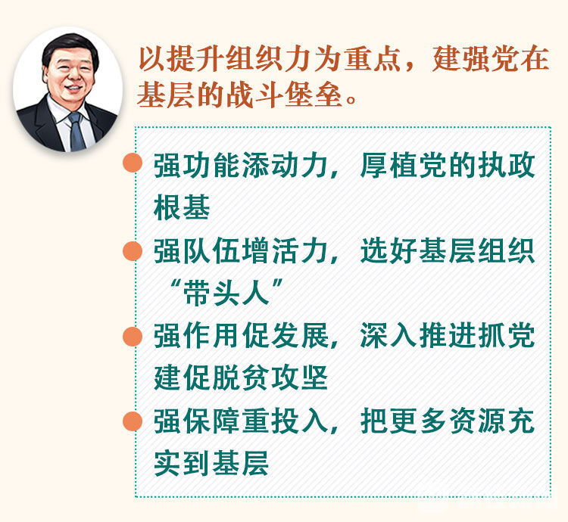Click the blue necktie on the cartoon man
click(x=76, y=131)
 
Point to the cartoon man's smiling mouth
click(x=73, y=89)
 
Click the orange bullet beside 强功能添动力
click(x=133, y=163)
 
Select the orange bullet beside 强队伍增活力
click(x=133, y=251)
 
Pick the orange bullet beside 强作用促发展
click(x=133, y=337)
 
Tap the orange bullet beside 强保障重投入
click(x=133, y=421)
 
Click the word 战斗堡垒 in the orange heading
click(x=284, y=95)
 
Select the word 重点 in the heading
click(x=373, y=59)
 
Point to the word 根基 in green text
click(x=182, y=207)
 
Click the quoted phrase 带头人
click(x=226, y=292)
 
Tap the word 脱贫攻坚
click(x=270, y=378)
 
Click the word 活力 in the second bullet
click(x=301, y=250)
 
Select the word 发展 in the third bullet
click(x=301, y=335)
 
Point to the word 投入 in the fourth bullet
click(x=301, y=421)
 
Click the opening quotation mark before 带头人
click(x=176, y=284)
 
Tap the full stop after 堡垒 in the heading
click(x=351, y=99)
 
